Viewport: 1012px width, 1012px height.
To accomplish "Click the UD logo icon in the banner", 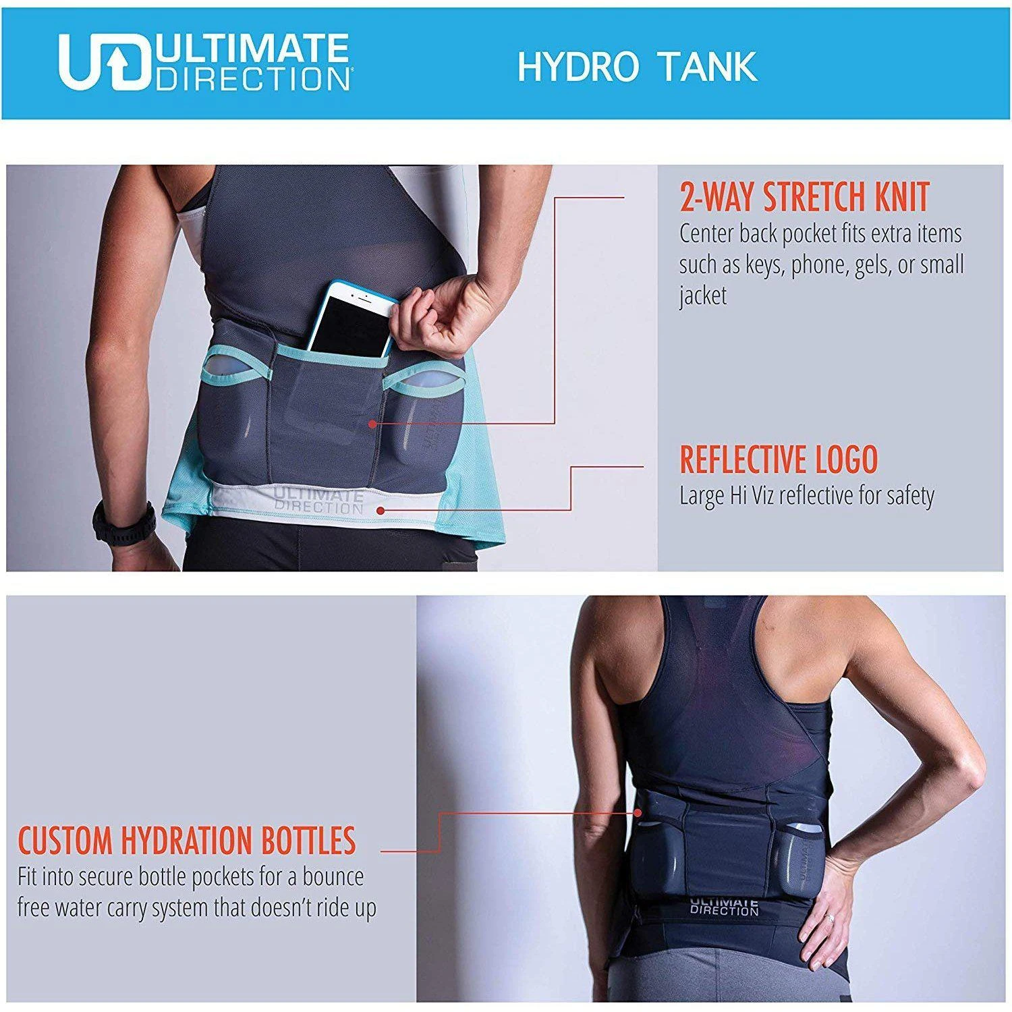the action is (x=103, y=61).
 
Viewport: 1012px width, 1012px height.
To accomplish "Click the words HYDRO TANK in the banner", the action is (x=638, y=66).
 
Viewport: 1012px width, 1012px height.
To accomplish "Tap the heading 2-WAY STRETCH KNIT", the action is (x=804, y=196).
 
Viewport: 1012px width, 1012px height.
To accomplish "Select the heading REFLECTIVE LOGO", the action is (x=779, y=459).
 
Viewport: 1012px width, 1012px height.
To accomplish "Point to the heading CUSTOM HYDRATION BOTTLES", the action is (x=186, y=840).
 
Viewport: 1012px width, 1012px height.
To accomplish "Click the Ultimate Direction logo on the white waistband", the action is (x=318, y=501).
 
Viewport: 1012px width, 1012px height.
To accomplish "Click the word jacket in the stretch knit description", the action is (x=703, y=296).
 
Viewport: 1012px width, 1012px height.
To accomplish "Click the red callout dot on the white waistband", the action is (x=383, y=511).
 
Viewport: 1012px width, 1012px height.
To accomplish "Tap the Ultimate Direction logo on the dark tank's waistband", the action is (x=724, y=905).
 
